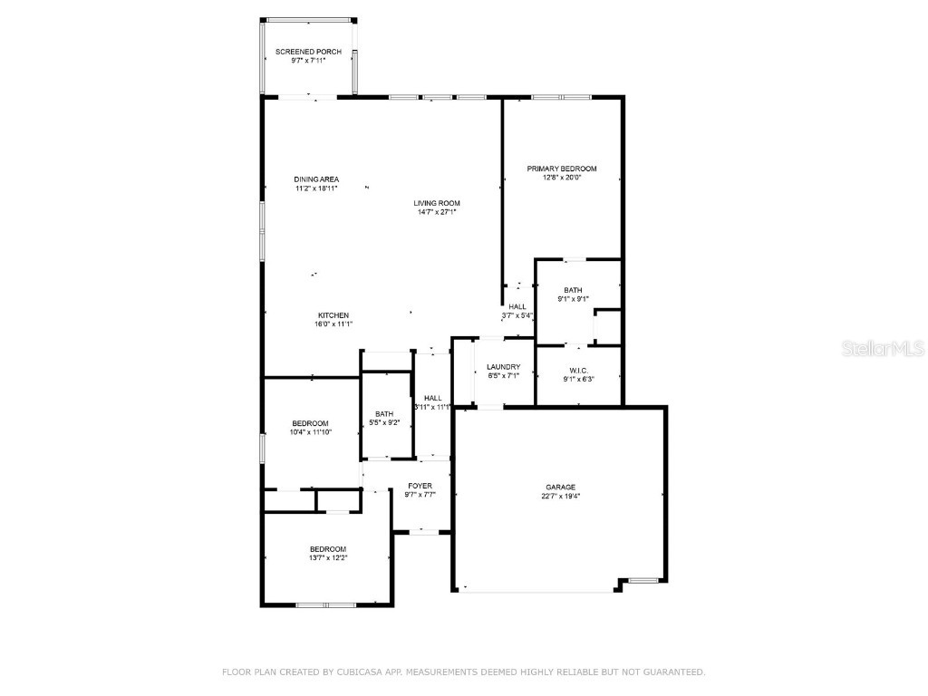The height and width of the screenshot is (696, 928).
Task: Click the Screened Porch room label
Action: (x=308, y=52)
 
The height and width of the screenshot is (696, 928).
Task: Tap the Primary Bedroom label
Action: (x=562, y=169)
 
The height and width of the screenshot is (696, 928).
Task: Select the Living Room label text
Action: (x=437, y=203)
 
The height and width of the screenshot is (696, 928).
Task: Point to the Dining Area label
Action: (x=316, y=179)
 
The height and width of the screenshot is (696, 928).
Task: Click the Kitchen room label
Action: (x=333, y=315)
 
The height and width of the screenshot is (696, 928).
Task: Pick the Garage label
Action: (x=560, y=487)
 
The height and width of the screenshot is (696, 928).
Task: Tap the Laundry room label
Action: (x=504, y=367)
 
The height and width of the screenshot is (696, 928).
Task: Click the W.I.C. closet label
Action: (x=578, y=371)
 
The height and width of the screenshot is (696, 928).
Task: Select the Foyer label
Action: (x=420, y=486)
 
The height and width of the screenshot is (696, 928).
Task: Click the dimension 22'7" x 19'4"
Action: (x=560, y=496)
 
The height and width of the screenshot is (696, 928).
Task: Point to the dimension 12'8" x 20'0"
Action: (x=562, y=178)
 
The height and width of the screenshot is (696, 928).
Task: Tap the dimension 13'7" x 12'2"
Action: (x=328, y=557)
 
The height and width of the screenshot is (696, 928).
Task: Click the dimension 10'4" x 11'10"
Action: (x=311, y=432)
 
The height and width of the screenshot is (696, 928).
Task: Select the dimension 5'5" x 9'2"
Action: (x=384, y=422)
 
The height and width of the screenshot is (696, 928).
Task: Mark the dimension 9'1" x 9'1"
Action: (x=573, y=299)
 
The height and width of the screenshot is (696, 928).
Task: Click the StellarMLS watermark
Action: (x=883, y=349)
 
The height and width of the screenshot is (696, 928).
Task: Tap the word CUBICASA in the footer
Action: (x=357, y=672)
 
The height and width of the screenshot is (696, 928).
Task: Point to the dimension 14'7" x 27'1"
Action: (x=437, y=211)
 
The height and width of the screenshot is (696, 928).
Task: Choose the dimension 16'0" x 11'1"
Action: (x=333, y=324)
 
